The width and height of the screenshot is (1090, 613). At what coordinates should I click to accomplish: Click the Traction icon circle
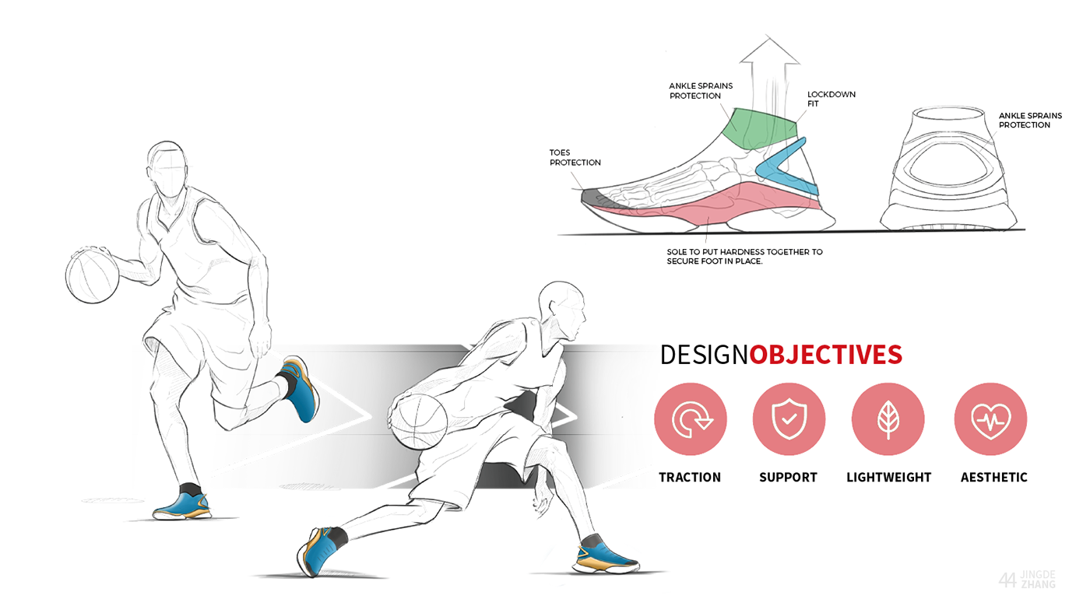690,419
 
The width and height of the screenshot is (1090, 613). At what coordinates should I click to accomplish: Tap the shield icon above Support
788,419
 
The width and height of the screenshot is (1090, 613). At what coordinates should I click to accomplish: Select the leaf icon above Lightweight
888,419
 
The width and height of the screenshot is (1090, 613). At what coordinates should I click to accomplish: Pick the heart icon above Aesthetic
990,419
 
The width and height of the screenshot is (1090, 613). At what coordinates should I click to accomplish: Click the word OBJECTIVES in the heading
825,355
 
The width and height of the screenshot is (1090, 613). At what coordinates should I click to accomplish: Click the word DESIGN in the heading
704,355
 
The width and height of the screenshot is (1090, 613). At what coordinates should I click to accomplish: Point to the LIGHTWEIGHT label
888,478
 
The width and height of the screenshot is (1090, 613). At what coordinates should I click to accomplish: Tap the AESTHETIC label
993,478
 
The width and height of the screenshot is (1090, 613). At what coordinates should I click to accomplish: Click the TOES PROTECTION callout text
575,158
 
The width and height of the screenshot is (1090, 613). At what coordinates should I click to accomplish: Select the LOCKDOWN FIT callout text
831,99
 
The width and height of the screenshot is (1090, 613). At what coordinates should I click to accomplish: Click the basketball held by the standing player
93,275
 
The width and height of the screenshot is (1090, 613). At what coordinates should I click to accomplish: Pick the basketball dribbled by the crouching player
418,421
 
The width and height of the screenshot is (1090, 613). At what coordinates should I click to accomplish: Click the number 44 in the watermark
1007,580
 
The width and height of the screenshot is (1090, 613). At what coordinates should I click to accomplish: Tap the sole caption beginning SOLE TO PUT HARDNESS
744,257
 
